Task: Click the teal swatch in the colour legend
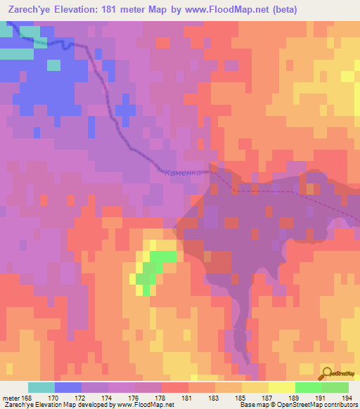(41, 387)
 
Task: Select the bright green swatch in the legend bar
(308, 387)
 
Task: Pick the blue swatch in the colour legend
(68, 387)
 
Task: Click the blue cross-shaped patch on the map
(125, 109)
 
